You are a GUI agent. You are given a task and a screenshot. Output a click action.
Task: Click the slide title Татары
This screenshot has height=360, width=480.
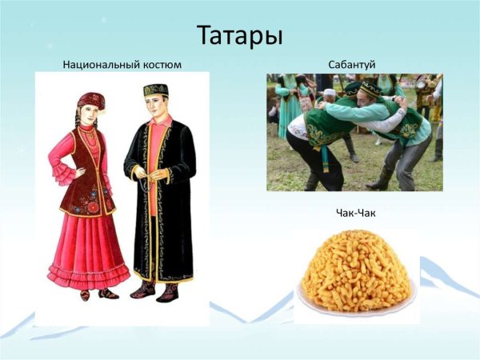(239, 35)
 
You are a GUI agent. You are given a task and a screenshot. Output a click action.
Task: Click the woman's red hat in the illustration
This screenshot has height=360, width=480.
(90, 100)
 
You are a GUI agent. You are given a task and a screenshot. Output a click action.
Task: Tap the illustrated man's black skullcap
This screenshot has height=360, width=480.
(155, 90)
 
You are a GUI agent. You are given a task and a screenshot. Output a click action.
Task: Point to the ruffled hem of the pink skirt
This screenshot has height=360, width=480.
(88, 276)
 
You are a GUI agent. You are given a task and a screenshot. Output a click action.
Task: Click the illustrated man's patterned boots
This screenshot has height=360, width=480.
(156, 290)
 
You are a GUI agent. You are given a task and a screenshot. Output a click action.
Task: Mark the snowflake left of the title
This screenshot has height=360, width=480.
(102, 19)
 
